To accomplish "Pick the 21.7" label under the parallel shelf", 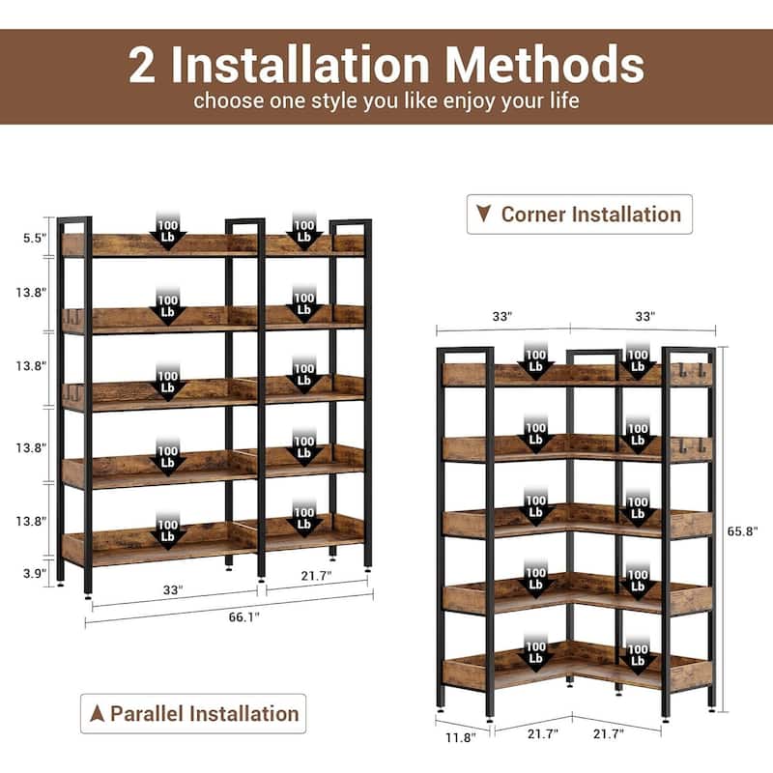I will (x=316, y=577).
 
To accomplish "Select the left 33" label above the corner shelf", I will (x=502, y=316).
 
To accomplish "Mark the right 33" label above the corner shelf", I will (x=645, y=316).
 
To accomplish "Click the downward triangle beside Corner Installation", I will (x=484, y=215).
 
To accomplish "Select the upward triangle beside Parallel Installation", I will (x=97, y=714).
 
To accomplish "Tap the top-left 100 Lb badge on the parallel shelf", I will (x=168, y=231).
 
